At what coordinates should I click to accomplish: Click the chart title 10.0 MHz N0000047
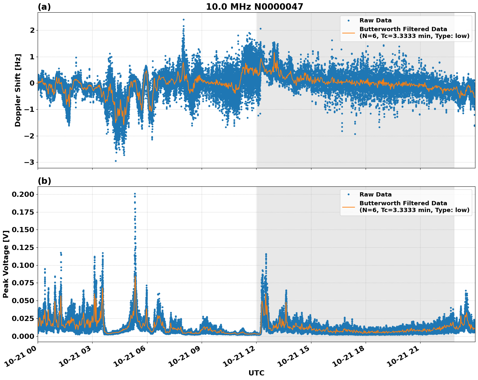254,7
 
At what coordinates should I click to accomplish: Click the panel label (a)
44,7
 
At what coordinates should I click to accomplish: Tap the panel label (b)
44,181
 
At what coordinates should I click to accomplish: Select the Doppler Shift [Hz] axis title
18,90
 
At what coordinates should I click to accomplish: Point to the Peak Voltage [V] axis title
6,264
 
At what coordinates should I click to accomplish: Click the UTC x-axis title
256,373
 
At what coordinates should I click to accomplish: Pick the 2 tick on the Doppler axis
32,30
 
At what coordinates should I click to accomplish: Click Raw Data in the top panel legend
375,20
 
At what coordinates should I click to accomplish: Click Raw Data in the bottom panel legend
375,195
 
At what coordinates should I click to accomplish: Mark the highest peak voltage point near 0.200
135,194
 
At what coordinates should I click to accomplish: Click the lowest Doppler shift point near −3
116,161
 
